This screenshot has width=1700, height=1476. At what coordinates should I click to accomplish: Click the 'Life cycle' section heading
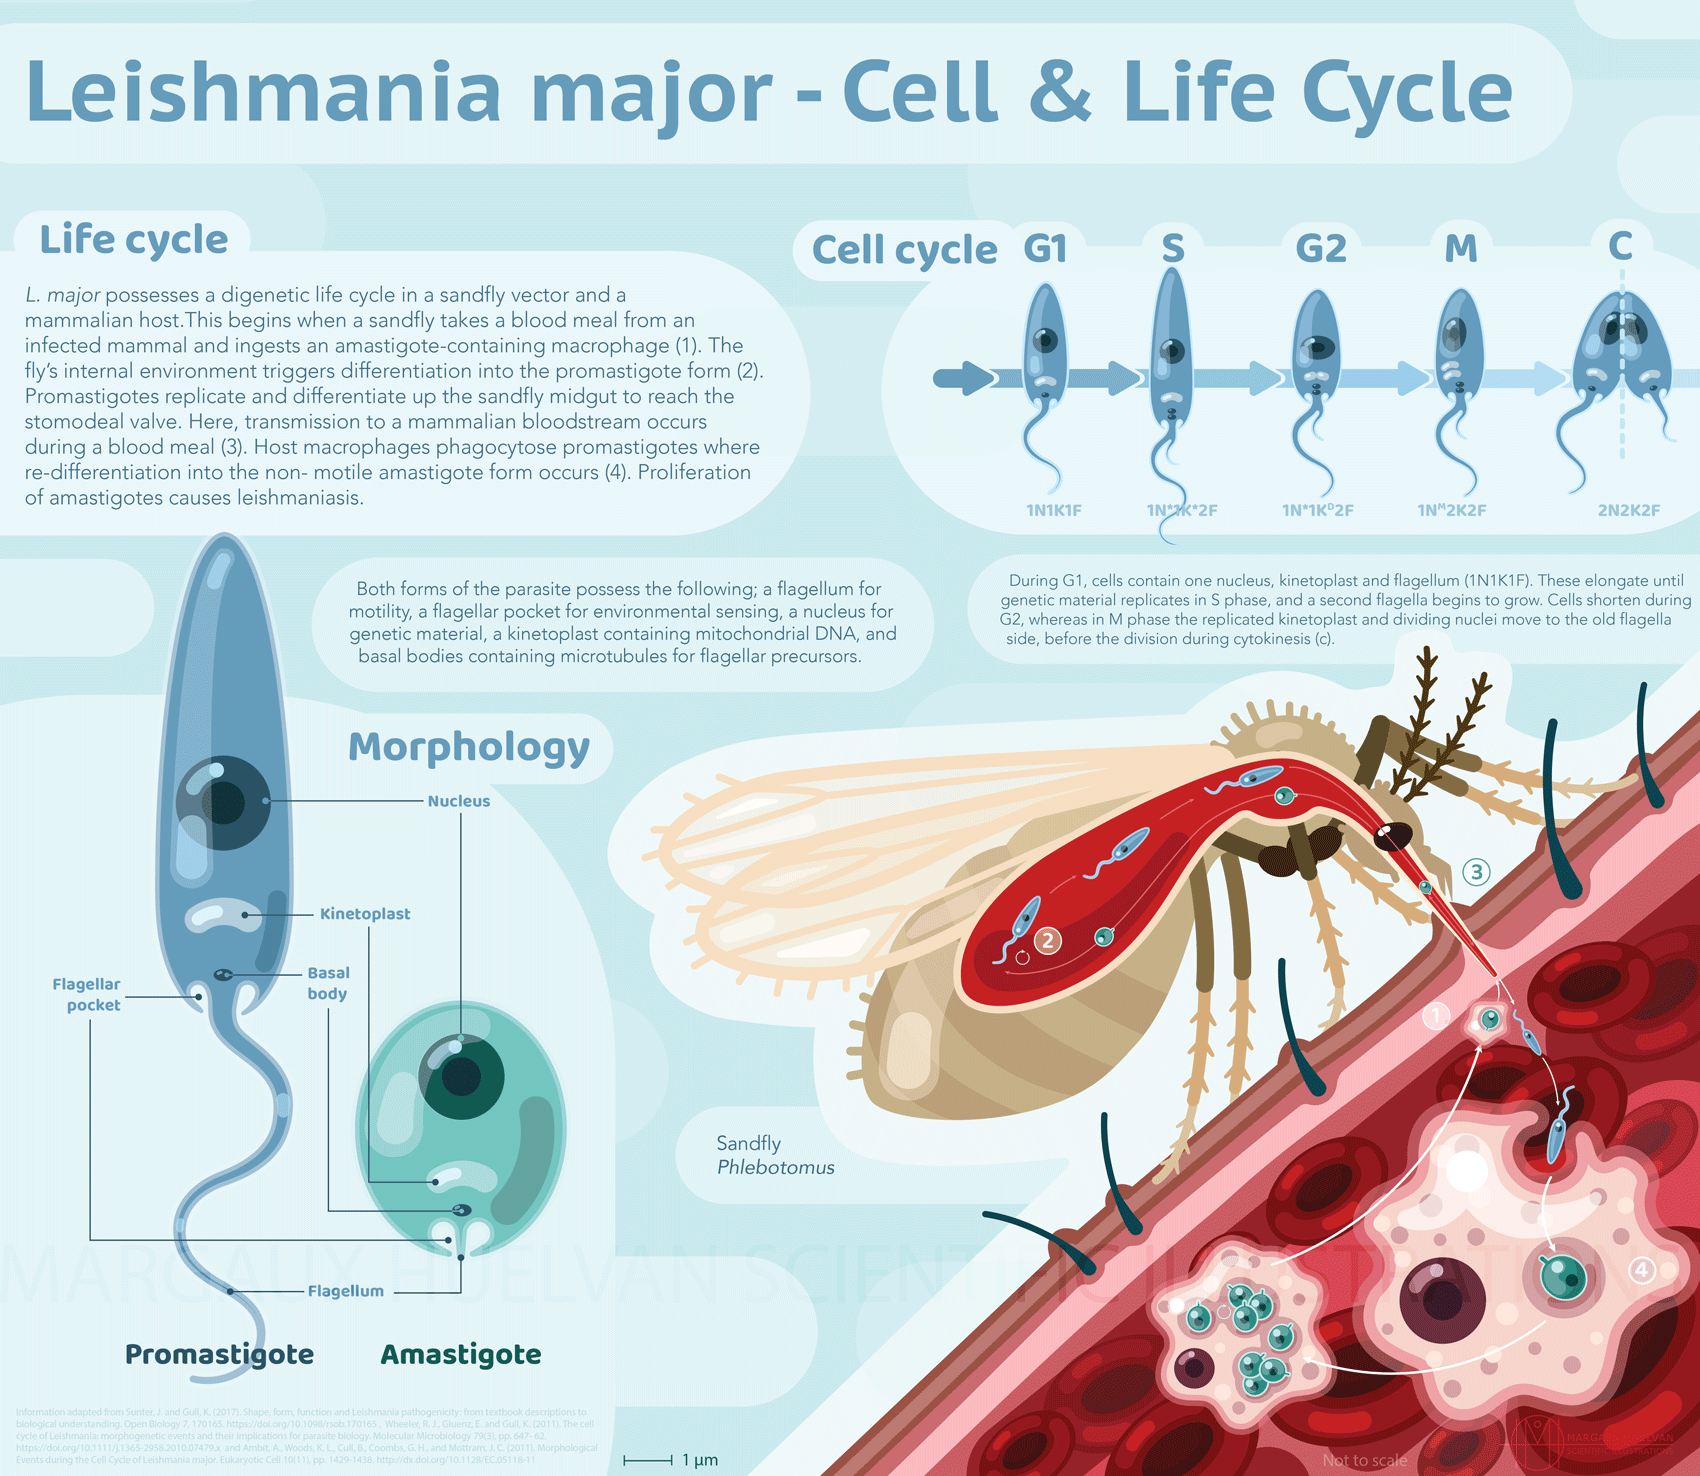coord(133,240)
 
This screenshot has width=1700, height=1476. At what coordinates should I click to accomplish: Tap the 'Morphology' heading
coord(468,747)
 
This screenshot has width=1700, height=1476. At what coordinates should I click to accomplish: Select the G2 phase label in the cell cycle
coord(1320,248)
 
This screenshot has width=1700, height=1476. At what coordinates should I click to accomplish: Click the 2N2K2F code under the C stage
coord(1628,510)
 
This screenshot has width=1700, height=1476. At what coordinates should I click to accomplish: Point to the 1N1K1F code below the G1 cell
coord(1054,510)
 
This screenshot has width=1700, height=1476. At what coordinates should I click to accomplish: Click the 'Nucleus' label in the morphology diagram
coord(458,801)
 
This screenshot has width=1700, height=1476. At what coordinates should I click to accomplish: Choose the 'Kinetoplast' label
coord(365,914)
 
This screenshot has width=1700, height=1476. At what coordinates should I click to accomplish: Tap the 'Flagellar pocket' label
coord(87,995)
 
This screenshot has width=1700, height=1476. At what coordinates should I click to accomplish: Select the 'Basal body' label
coord(328,983)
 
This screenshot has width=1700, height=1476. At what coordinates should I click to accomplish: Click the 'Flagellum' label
coord(345,1291)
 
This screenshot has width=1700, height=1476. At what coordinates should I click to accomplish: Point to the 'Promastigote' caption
coord(219,1354)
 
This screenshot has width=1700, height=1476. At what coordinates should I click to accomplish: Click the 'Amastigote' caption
coord(461,1354)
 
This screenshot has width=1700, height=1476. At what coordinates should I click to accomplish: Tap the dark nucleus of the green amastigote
coord(461,1076)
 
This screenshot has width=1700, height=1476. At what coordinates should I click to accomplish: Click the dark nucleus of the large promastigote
coord(223,802)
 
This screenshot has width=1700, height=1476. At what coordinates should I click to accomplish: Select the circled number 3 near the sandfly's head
coord(1476,872)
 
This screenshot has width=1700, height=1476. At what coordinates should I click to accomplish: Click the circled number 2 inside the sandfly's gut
coord(1048,940)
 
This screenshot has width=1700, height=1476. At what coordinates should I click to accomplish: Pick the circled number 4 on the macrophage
coord(1641,1270)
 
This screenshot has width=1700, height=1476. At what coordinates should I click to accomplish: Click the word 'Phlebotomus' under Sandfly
coord(775,1167)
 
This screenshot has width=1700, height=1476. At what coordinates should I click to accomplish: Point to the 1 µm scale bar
coord(648,1460)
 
